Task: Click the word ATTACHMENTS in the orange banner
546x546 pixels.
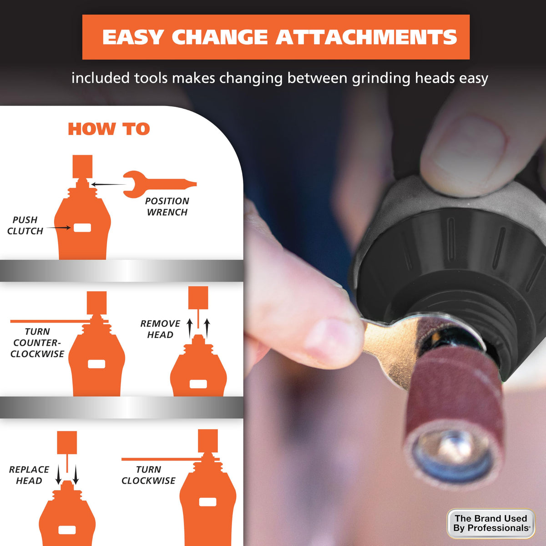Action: click(x=366, y=37)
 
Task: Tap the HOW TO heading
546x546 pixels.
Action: click(x=109, y=129)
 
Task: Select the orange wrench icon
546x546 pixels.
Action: click(x=160, y=184)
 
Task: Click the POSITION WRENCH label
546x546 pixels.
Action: click(x=167, y=207)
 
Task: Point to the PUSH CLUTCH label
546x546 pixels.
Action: click(x=25, y=226)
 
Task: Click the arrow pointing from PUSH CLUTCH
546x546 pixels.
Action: click(x=59, y=227)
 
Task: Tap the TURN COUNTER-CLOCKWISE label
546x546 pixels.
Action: click(x=37, y=343)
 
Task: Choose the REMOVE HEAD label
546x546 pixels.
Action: click(x=160, y=329)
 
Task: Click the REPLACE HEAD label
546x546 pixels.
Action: click(x=29, y=475)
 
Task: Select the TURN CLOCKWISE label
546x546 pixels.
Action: click(x=148, y=475)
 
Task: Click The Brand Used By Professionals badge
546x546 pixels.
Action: click(x=491, y=523)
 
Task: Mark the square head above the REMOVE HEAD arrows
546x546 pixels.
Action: click(x=198, y=298)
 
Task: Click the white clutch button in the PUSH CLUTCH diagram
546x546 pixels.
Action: click(x=82, y=228)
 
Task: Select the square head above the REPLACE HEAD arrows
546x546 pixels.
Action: click(x=67, y=443)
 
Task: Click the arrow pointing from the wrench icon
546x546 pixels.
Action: click(x=109, y=184)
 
